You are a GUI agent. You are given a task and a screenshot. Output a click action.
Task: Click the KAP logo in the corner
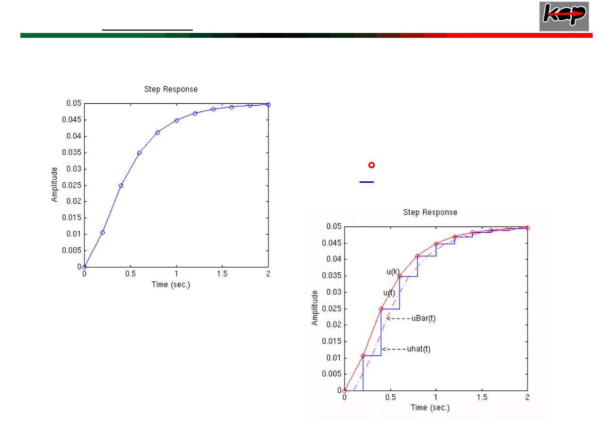click(563, 16)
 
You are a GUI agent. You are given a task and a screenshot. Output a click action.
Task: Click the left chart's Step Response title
click(171, 89)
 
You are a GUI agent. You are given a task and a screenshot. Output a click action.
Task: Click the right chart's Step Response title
click(430, 212)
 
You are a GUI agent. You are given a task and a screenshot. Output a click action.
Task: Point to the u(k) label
click(393, 272)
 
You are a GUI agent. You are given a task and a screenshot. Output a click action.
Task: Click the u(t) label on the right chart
click(389, 293)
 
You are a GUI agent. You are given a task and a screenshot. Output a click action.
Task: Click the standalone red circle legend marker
click(371, 165)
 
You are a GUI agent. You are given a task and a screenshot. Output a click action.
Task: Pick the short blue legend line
click(366, 182)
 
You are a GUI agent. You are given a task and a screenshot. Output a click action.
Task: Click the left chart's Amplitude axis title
click(55, 185)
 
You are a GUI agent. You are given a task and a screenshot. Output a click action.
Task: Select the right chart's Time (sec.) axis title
click(430, 408)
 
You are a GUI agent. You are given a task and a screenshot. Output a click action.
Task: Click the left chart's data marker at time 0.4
click(121, 185)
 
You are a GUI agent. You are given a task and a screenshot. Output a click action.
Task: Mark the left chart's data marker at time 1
click(176, 120)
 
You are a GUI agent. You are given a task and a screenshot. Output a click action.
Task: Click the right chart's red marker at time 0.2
click(363, 356)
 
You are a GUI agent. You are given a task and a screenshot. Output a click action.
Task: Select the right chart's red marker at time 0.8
click(417, 256)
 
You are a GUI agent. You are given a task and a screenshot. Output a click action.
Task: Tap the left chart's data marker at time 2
click(268, 104)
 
